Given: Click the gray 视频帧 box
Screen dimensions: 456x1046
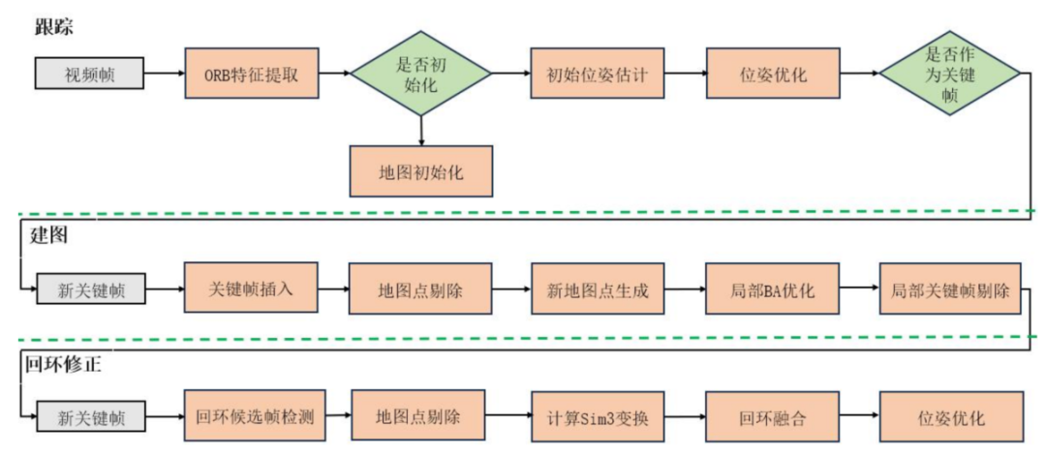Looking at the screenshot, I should [x=90, y=74].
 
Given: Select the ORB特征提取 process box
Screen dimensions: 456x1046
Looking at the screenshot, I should [x=251, y=74].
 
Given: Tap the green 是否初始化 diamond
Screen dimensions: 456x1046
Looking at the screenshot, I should [x=420, y=74].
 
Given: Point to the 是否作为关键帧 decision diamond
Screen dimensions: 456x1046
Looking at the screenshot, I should [x=948, y=74].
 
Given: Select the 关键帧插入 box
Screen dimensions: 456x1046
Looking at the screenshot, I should [x=251, y=288].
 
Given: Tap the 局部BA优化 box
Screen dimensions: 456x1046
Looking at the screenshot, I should [x=771, y=289].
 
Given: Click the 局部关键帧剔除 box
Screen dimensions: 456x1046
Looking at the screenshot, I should [x=950, y=289].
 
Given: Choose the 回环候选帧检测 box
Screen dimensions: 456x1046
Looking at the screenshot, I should [x=255, y=417].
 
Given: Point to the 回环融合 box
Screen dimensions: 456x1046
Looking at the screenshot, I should [x=771, y=417].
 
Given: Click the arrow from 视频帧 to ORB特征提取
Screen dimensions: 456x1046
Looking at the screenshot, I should [x=165, y=74].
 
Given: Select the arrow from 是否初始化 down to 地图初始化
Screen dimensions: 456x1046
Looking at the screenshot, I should [x=420, y=129].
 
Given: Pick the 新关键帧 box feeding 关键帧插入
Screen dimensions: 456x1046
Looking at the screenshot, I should [x=90, y=289].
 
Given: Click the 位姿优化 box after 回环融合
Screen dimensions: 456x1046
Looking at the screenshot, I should [x=950, y=417].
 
